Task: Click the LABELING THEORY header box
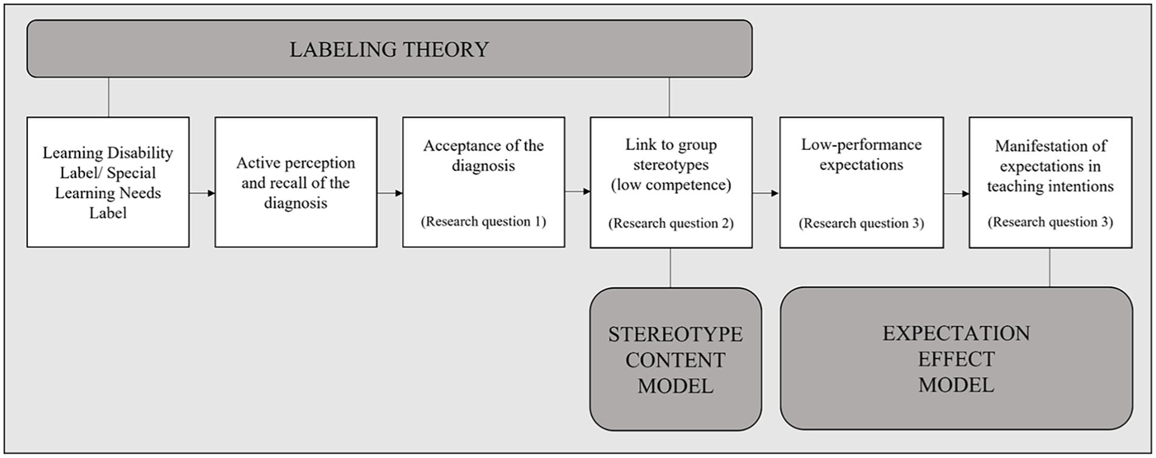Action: (389, 49)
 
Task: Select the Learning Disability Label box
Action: (108, 182)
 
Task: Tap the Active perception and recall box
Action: (296, 182)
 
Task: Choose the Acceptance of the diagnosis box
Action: (484, 182)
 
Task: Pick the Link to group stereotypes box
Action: (671, 182)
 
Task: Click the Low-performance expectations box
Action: (861, 182)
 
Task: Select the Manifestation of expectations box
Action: (1050, 182)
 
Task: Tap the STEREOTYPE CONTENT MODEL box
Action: (675, 359)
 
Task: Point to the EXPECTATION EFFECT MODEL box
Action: (956, 358)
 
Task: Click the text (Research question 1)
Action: (484, 222)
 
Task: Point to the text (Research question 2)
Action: (671, 224)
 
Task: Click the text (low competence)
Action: (671, 185)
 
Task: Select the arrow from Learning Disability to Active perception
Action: (202, 193)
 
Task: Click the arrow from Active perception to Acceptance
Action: (390, 193)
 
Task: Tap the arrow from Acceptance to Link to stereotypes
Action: (578, 192)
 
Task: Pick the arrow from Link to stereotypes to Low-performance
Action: (766, 193)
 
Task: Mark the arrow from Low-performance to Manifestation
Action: (956, 194)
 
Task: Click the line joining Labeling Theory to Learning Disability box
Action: (109, 97)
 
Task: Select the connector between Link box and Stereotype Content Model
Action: (671, 268)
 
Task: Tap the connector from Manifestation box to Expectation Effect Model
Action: (1050, 267)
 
